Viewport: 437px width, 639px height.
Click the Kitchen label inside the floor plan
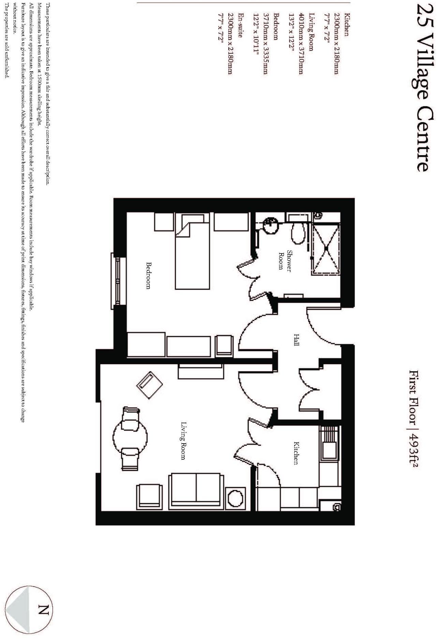pos(297,453)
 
